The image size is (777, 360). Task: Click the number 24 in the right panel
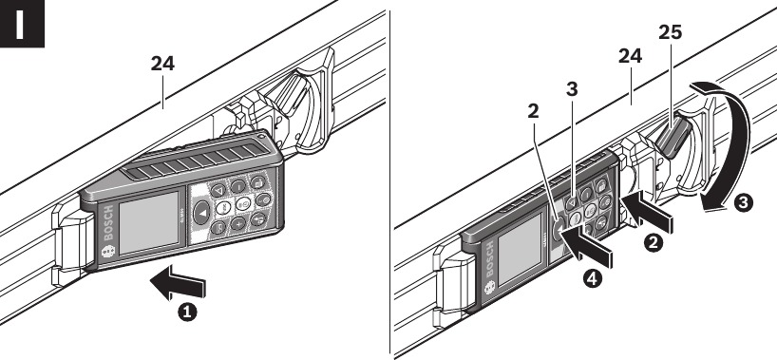point(631,57)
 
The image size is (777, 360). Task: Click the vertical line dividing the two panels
point(388,180)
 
